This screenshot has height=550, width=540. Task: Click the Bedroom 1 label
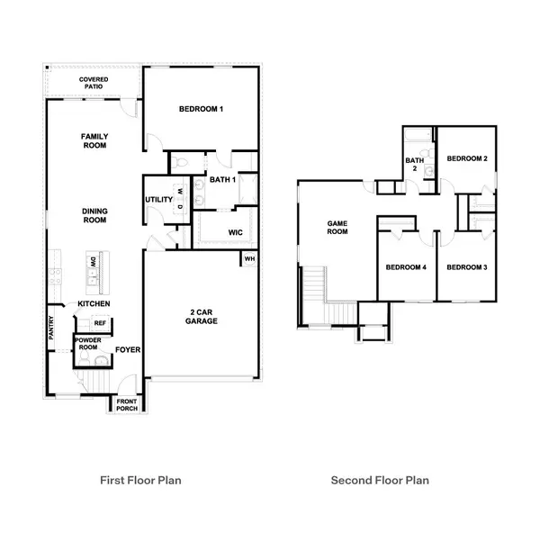coord(201,109)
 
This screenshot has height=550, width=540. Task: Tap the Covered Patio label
coord(94,84)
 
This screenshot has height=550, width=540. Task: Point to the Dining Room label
coord(94,215)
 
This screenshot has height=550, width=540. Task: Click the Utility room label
coord(159,200)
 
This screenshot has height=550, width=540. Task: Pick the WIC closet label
coord(236,232)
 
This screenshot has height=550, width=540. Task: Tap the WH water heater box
coord(248,259)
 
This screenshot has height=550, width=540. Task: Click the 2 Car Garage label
coord(202,316)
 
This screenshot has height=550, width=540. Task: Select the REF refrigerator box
coord(100,322)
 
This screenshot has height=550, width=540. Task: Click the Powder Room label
coord(87,345)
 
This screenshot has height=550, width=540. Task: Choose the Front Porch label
coord(126,404)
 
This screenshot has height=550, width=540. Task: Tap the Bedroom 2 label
coord(467,159)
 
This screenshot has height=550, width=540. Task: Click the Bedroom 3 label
coord(467,266)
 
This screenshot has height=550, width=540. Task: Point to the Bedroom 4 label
coord(405,266)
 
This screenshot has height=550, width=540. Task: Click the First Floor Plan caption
coord(140,480)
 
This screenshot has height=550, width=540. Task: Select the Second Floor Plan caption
coord(380,480)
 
